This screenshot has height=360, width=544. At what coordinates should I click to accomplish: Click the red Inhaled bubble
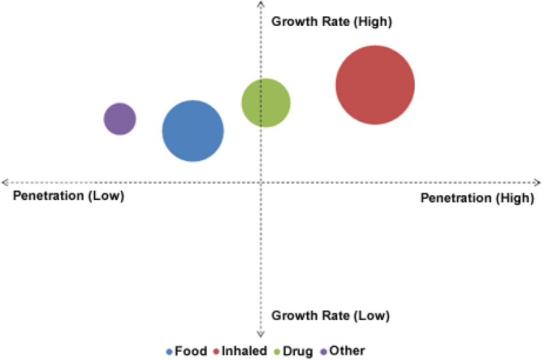click(375, 85)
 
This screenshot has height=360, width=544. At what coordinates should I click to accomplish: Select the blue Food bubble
click(192, 131)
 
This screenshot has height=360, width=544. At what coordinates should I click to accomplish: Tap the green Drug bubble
click(266, 103)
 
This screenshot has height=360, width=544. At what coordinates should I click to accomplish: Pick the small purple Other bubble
click(120, 119)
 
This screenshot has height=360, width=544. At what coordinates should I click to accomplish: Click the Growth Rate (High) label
click(332, 21)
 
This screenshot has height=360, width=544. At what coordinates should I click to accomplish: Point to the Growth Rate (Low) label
click(330, 316)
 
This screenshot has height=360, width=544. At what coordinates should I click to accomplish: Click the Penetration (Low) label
click(68, 197)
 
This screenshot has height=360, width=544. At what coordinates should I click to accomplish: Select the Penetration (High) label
click(476, 198)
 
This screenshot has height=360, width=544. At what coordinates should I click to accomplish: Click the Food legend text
click(190, 351)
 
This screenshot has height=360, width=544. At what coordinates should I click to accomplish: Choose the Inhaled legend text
click(243, 351)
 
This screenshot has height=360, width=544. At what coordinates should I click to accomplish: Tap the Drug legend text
click(299, 351)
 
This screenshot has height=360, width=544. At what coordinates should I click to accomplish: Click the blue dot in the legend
click(170, 352)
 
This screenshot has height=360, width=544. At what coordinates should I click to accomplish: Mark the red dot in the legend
click(216, 352)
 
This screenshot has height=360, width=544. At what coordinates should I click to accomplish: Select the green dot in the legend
click(277, 352)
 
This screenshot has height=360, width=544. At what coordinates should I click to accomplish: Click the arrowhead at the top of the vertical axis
click(260, 4)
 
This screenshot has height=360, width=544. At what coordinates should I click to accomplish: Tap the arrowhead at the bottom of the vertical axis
click(260, 334)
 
